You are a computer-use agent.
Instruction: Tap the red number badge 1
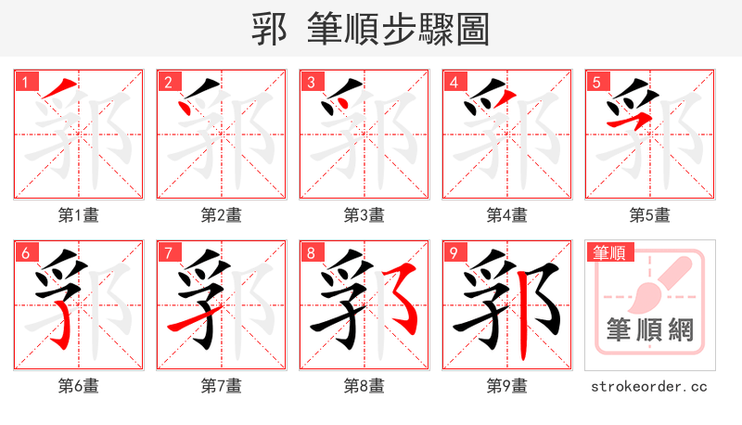25,82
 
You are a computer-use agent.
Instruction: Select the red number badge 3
311,82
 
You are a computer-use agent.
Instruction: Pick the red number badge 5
596,82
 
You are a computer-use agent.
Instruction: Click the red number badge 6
25,252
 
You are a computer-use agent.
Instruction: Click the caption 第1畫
79,215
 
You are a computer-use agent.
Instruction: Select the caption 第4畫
507,215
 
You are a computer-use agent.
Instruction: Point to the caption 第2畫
222,215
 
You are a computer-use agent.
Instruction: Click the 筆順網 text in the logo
649,331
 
